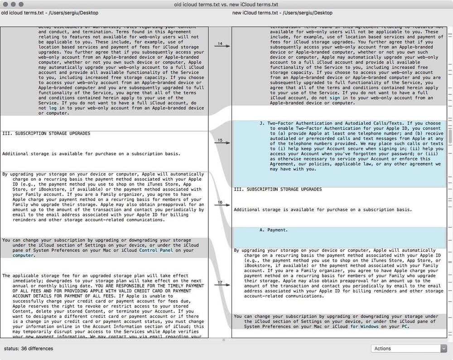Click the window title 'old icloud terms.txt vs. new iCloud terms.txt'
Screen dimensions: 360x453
pos(226,4)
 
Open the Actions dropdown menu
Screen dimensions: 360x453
pos(409,348)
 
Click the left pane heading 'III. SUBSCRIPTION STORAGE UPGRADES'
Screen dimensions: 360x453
pos(46,133)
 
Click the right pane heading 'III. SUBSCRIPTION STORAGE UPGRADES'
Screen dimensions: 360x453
pos(278,189)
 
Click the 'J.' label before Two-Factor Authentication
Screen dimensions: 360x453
pos(261,123)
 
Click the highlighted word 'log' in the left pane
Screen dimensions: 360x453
pos(53,108)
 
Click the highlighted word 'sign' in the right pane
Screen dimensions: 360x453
pos(335,97)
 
